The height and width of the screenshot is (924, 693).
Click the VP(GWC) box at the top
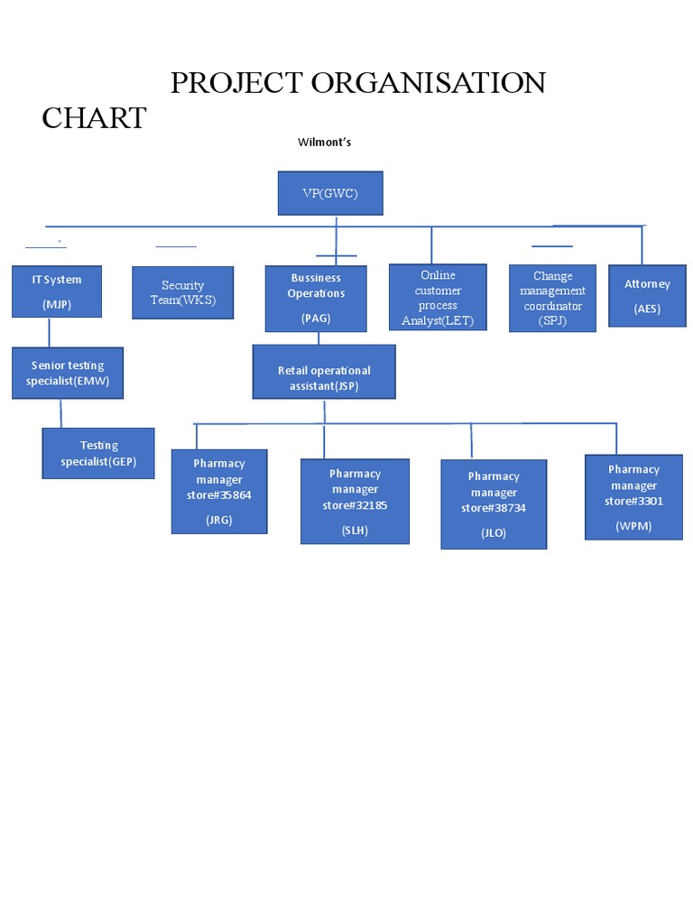pyautogui.click(x=330, y=193)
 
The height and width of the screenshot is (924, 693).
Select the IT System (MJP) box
pyautogui.click(x=57, y=291)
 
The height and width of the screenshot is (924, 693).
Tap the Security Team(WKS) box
pyautogui.click(x=183, y=292)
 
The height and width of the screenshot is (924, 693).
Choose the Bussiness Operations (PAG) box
pyautogui.click(x=316, y=299)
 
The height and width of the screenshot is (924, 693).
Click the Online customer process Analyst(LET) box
pyautogui.click(x=438, y=298)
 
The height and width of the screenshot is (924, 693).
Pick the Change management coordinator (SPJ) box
pyautogui.click(x=553, y=299)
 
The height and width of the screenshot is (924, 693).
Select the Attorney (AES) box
pyautogui.click(x=648, y=296)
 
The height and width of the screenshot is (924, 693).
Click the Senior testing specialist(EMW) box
pyautogui.click(x=68, y=373)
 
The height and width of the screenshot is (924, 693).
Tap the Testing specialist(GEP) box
pyautogui.click(x=98, y=453)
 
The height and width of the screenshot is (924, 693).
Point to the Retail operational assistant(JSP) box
pyautogui.click(x=324, y=372)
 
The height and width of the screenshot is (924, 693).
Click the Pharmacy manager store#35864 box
pyautogui.click(x=219, y=492)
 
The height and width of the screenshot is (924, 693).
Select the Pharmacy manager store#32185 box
pyautogui.click(x=355, y=502)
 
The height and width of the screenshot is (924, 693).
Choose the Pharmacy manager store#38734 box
pyautogui.click(x=494, y=504)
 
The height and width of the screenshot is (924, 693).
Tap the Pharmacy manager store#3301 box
pyautogui.click(x=633, y=497)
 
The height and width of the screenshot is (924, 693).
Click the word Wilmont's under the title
pyautogui.click(x=324, y=143)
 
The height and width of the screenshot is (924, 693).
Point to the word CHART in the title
pyautogui.click(x=94, y=118)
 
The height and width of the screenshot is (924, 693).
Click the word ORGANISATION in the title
pyautogui.click(x=429, y=83)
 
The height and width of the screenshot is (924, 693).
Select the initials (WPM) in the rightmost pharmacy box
pyautogui.click(x=633, y=525)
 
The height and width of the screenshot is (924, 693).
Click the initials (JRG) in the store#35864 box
pyautogui.click(x=219, y=520)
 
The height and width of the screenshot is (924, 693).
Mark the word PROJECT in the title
pyautogui.click(x=236, y=83)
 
